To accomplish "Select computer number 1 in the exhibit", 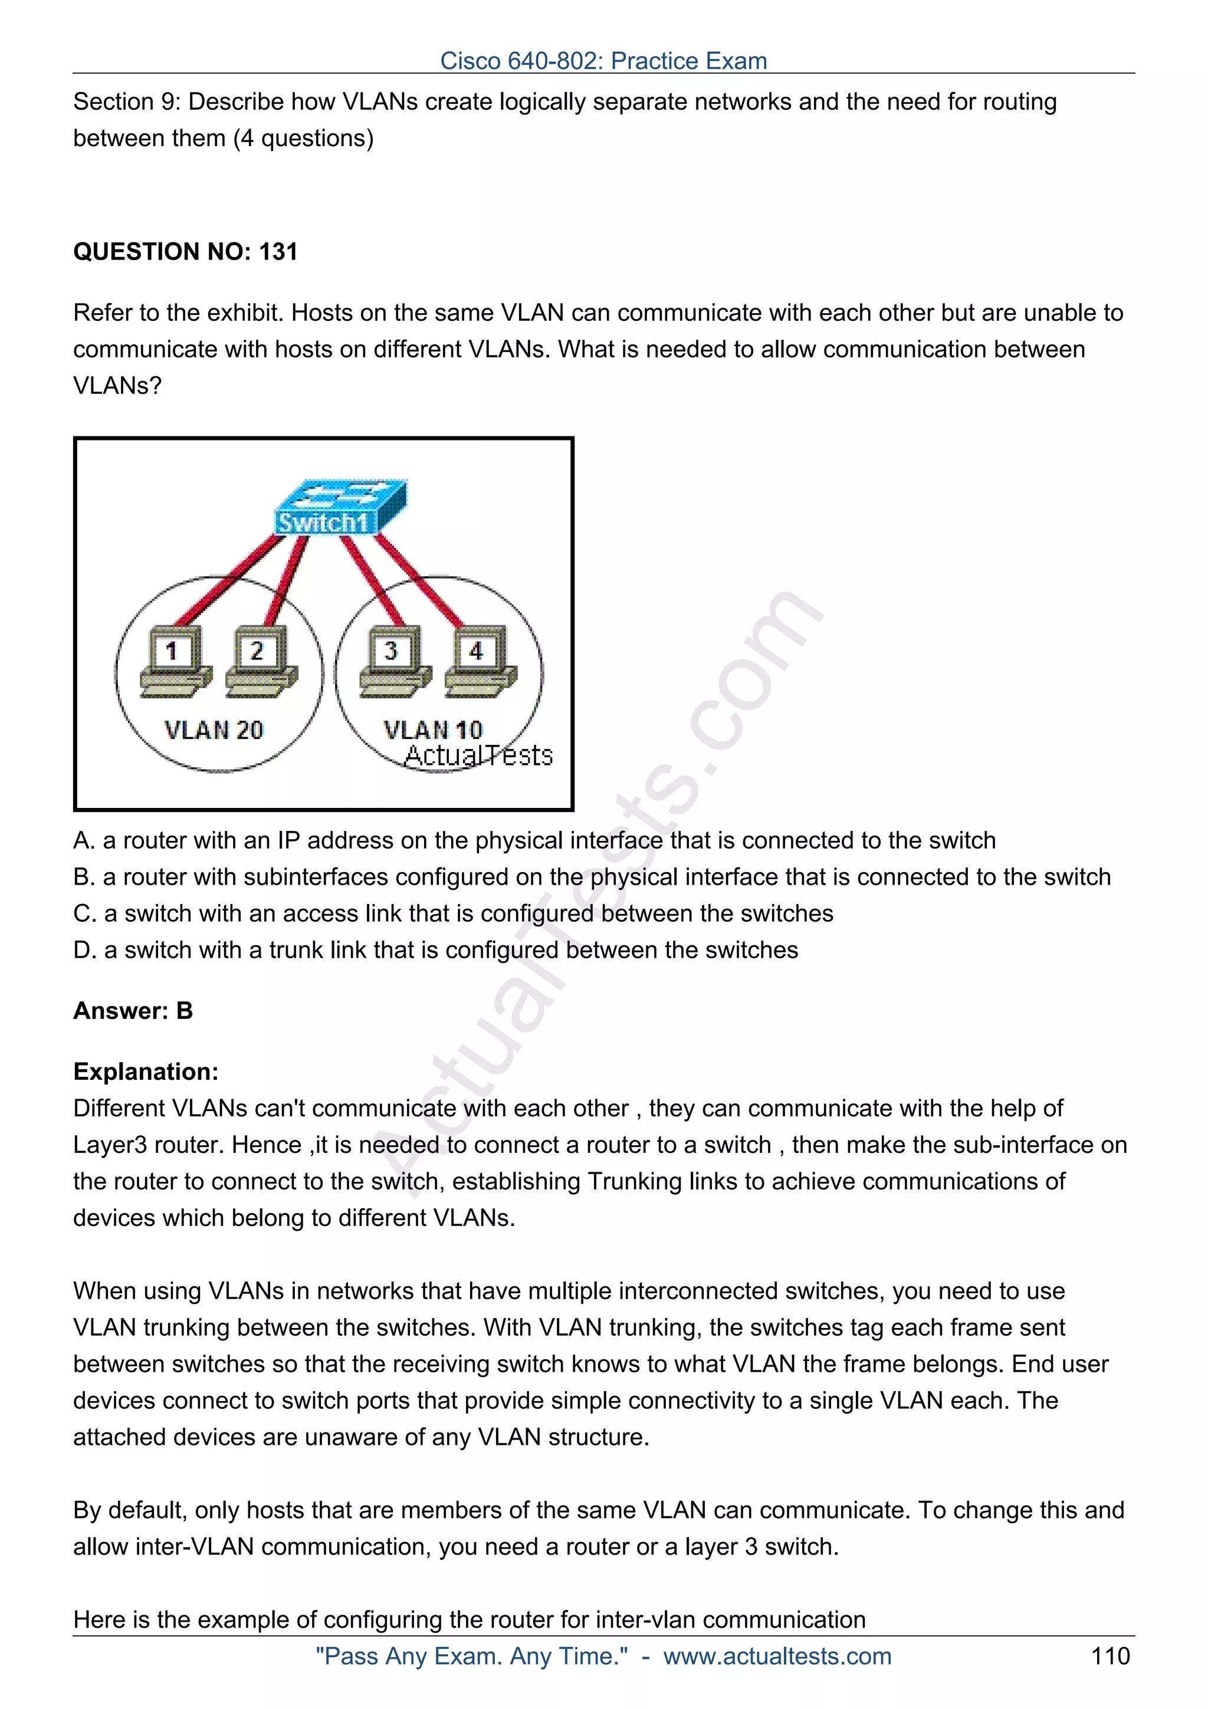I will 176,660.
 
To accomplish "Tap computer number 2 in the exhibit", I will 261,660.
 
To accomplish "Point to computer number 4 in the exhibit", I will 480,660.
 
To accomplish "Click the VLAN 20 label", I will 214,730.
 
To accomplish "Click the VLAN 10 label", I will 433,730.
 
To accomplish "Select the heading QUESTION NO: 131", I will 185,252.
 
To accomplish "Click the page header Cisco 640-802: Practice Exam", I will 603,60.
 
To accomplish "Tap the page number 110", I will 1109,1656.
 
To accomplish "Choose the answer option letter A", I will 83,840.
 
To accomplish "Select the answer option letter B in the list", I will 83,877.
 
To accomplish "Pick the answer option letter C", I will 83,913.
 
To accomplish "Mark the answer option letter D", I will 83,950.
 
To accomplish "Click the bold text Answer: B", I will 133,1011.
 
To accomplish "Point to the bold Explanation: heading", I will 146,1072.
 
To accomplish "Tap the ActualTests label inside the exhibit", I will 478,755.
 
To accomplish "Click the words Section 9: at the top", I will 127,102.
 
